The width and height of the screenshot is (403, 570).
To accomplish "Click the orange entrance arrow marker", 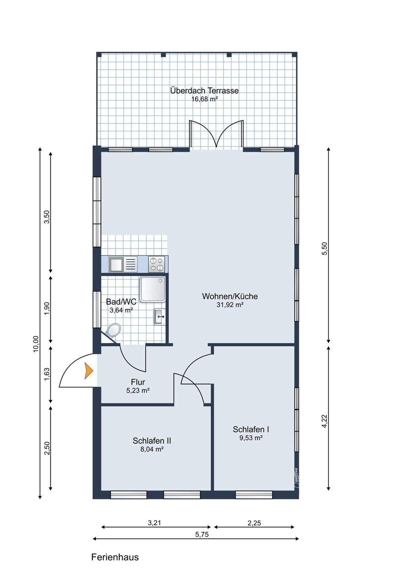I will pyautogui.click(x=88, y=371).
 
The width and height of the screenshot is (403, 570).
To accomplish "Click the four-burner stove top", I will pyautogui.click(x=157, y=264).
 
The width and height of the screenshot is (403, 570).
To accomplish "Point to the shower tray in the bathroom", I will pyautogui.click(x=152, y=289).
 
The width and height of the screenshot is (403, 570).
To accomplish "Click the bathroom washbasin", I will pyautogui.click(x=159, y=316).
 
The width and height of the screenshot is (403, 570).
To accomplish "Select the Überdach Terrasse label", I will pyautogui.click(x=204, y=90).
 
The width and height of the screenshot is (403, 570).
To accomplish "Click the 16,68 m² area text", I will pyautogui.click(x=204, y=99).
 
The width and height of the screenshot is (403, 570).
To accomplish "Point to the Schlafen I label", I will pyautogui.click(x=251, y=429).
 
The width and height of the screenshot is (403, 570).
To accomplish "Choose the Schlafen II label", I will pyautogui.click(x=152, y=441).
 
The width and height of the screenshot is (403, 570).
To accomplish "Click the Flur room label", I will pyautogui.click(x=138, y=382).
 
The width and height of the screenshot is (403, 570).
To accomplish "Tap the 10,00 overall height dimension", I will pyautogui.click(x=36, y=343).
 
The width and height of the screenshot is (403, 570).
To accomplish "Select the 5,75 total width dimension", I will pyautogui.click(x=202, y=534).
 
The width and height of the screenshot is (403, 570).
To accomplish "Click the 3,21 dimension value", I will pyautogui.click(x=155, y=522).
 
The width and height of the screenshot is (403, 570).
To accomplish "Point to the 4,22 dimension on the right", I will pyautogui.click(x=325, y=420).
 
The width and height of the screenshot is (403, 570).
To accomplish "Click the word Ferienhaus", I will pyautogui.click(x=115, y=557).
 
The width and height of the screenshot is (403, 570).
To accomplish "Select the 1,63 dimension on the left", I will pyautogui.click(x=47, y=374).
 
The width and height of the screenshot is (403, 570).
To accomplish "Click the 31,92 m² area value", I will pyautogui.click(x=230, y=305).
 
